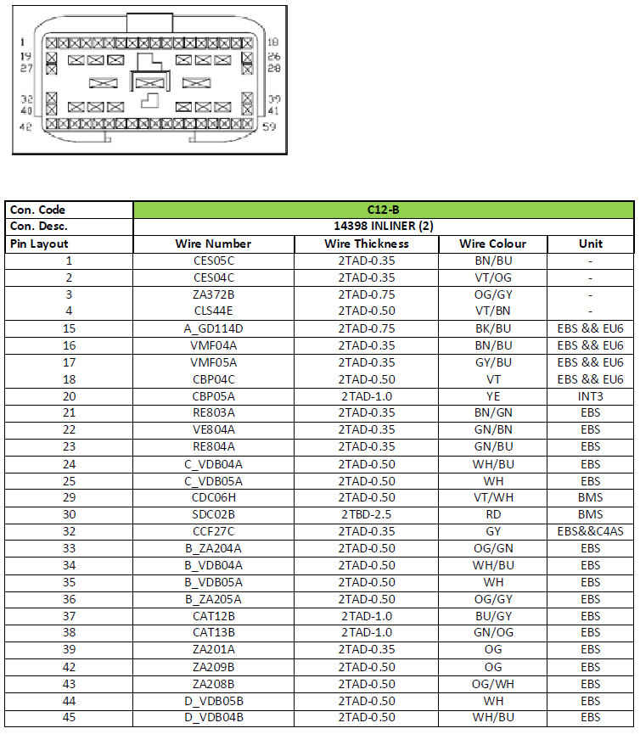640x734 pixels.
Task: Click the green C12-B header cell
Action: pos(383,210)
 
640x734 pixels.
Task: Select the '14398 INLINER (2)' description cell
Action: pos(383,227)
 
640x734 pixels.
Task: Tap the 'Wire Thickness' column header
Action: pos(366,244)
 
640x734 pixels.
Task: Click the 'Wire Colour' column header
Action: pos(492,244)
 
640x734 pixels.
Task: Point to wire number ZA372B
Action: pos(213,294)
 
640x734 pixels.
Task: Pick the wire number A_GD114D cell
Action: pos(213,328)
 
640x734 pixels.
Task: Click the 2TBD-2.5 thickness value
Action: pos(366,514)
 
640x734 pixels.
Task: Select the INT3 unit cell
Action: pos(590,395)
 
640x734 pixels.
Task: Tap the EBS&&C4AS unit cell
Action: pos(590,531)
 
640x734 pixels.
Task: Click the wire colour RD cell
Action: pos(492,514)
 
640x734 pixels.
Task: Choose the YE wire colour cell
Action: pos(492,395)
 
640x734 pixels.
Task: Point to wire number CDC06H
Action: pos(213,497)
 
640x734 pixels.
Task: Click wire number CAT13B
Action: pos(213,633)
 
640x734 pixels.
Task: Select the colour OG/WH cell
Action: pos(492,684)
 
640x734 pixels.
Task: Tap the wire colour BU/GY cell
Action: pos(492,616)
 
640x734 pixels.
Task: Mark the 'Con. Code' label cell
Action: pos(38,210)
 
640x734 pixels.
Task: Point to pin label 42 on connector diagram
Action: pos(25,127)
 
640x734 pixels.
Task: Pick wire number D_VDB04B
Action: pos(213,718)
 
